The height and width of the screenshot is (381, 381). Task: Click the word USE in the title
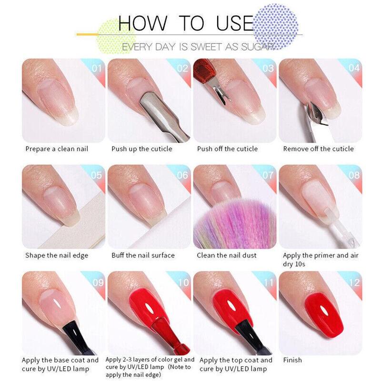(235, 23)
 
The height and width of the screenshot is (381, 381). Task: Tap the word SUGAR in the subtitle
(257, 47)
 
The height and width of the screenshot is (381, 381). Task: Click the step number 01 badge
(97, 69)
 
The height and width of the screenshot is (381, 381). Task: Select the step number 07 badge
(268, 175)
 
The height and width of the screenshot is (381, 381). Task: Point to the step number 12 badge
(354, 282)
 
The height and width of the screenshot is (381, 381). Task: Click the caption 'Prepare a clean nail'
(57, 149)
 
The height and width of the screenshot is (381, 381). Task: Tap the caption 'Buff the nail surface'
(143, 255)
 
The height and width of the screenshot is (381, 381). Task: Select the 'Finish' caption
(292, 360)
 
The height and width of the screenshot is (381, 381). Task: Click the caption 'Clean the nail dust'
(227, 255)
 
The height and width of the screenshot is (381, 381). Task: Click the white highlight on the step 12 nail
(323, 310)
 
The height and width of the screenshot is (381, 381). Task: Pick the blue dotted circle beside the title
(276, 26)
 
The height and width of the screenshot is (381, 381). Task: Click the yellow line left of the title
(88, 34)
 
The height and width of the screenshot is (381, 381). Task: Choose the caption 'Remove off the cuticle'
(318, 149)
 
